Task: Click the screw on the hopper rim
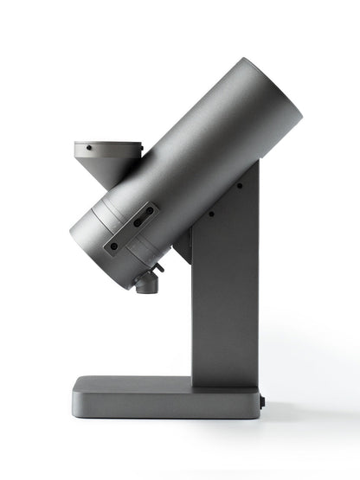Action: pyautogui.click(x=88, y=149)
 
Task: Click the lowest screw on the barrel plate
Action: pyautogui.click(x=112, y=245)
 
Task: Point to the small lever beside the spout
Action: pyautogui.click(x=158, y=269)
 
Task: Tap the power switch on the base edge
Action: pyautogui.click(x=262, y=401)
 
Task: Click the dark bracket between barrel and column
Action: pyautogui.click(x=183, y=249)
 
